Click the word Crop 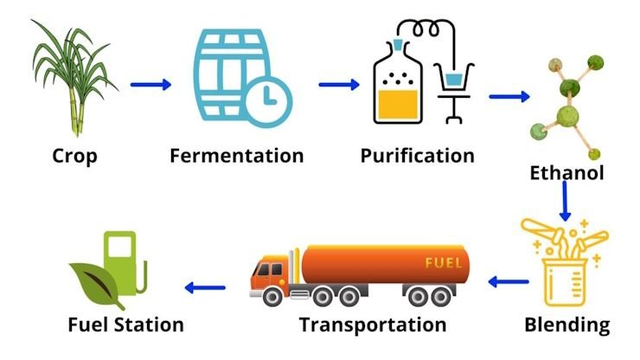click(74, 157)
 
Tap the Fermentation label click(237, 156)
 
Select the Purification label click(417, 156)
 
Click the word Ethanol click(566, 173)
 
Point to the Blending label click(567, 325)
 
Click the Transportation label click(373, 325)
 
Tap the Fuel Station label click(125, 325)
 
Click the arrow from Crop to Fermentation click(150, 85)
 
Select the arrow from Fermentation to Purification click(339, 85)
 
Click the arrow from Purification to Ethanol click(509, 97)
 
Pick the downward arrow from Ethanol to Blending click(565, 201)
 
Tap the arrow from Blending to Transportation click(509, 281)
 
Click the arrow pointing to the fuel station click(205, 287)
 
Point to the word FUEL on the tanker click(444, 263)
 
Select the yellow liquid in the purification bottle click(398, 105)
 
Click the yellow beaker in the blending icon click(564, 282)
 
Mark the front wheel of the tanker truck click(272, 296)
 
